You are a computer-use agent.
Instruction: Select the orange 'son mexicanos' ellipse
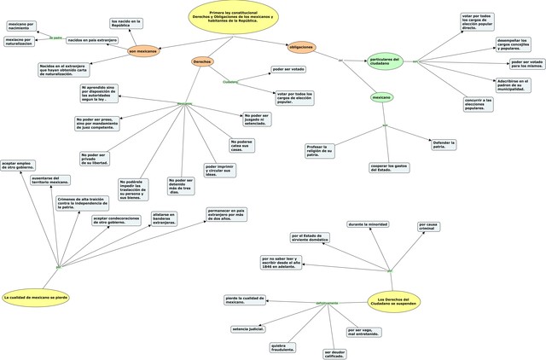(143, 51)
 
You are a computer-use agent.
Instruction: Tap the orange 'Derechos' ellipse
(202, 62)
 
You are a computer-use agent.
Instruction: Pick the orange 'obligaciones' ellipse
(301, 47)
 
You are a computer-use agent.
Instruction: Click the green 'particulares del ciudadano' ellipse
(386, 61)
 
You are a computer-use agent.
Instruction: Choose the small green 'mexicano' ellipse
(382, 97)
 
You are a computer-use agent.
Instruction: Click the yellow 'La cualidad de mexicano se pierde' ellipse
(36, 298)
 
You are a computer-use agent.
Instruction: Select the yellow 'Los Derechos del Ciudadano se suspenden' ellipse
(393, 300)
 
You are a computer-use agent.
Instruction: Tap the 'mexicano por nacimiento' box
(21, 26)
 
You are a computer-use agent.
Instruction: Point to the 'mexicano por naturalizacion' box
(20, 41)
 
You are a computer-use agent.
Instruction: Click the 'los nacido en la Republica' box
(126, 23)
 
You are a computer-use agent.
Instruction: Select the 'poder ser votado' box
(288, 69)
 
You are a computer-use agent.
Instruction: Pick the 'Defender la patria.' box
(444, 145)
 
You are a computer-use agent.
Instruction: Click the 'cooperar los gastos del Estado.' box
(389, 168)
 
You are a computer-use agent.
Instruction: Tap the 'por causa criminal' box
(429, 227)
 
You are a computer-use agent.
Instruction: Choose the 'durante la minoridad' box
(368, 224)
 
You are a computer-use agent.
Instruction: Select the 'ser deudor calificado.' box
(334, 353)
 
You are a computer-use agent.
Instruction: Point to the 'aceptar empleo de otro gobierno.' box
(18, 165)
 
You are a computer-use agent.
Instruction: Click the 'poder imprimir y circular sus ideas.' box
(220, 171)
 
